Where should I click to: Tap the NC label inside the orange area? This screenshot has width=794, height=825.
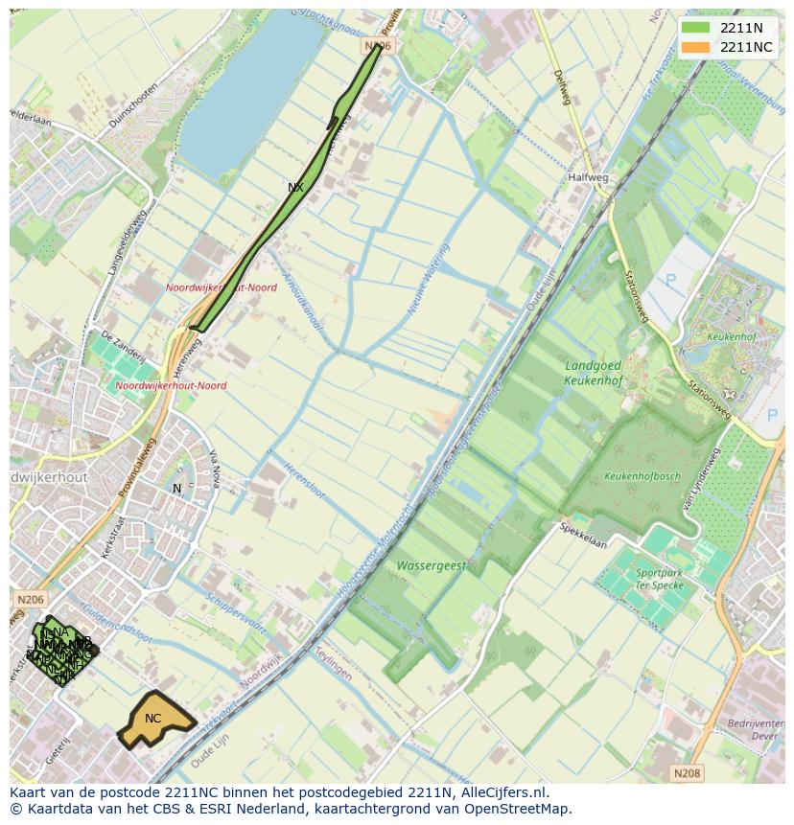pyautogui.click(x=152, y=719)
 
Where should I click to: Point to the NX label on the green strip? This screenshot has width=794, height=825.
pyautogui.click(x=295, y=188)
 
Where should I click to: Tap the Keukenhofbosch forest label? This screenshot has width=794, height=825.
pyautogui.click(x=642, y=476)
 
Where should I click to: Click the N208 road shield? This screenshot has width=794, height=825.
pyautogui.click(x=686, y=772)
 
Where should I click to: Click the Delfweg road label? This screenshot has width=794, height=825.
pyautogui.click(x=562, y=88)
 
